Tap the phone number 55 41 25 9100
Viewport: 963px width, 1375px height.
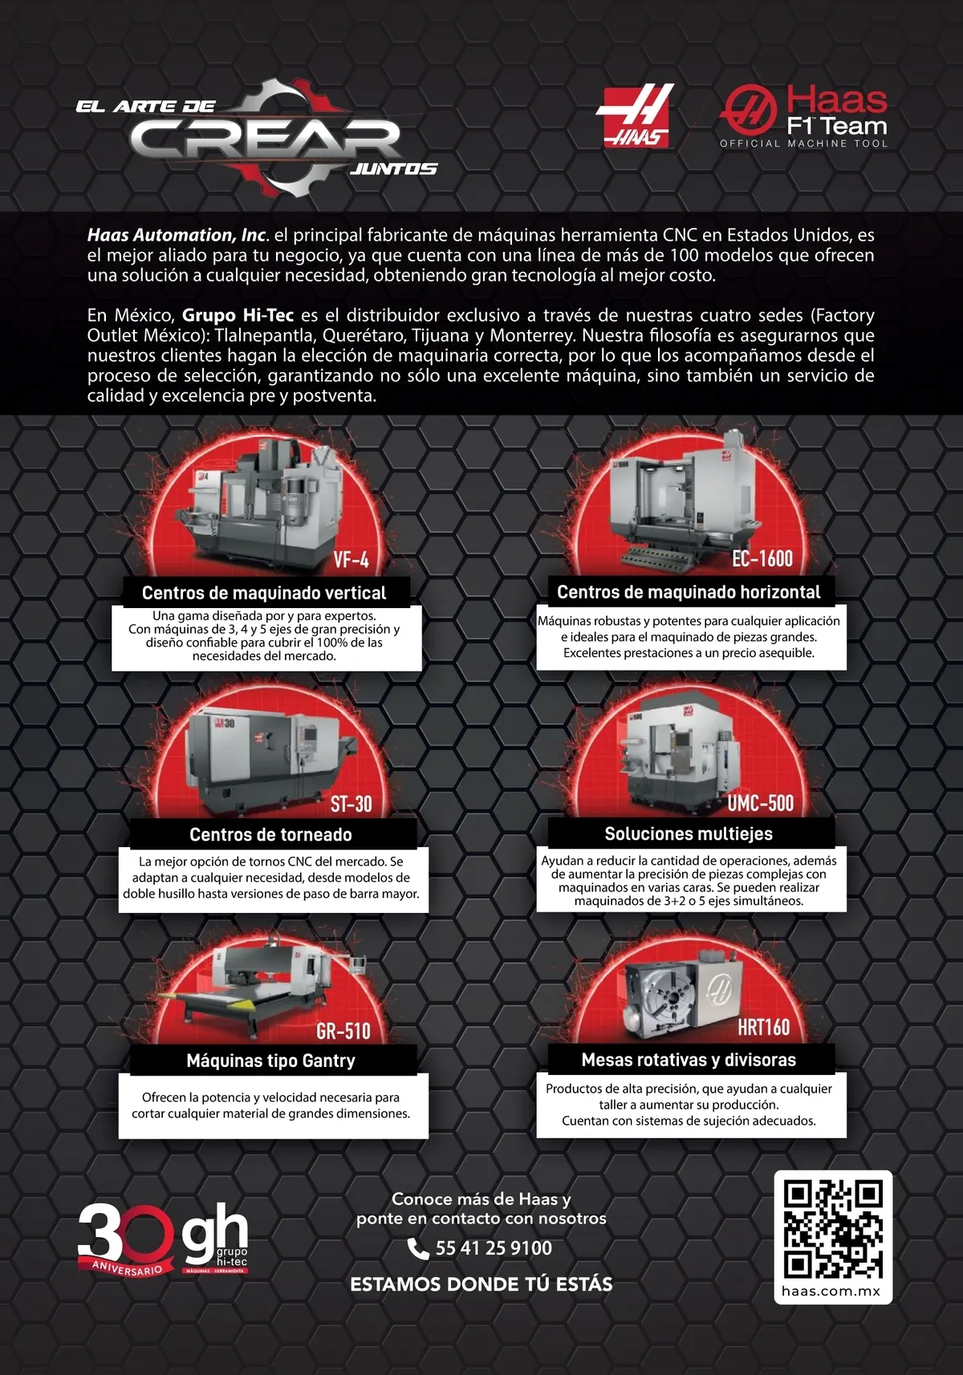(x=494, y=1248)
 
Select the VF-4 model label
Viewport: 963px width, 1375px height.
(x=351, y=560)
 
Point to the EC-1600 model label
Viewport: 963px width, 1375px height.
(x=762, y=558)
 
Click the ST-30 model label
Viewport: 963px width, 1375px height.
(x=351, y=804)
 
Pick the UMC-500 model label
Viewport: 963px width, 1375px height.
(x=760, y=803)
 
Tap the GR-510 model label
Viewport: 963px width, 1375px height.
(x=343, y=1032)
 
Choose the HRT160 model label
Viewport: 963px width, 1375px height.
(x=763, y=1028)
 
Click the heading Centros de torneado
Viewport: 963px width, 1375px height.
(x=271, y=835)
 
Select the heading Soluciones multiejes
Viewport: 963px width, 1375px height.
(x=689, y=834)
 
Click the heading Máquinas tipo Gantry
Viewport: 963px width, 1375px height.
(x=271, y=1061)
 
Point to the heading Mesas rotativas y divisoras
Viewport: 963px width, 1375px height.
(x=689, y=1060)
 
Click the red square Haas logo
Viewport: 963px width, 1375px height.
(x=635, y=116)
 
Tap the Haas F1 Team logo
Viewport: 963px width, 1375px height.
(x=804, y=116)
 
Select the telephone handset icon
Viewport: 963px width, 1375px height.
(x=418, y=1248)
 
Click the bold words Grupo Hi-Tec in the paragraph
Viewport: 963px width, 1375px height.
(x=238, y=315)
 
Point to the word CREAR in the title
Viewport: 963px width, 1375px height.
(x=265, y=138)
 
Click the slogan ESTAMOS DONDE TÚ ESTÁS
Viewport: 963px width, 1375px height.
(x=481, y=1284)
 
